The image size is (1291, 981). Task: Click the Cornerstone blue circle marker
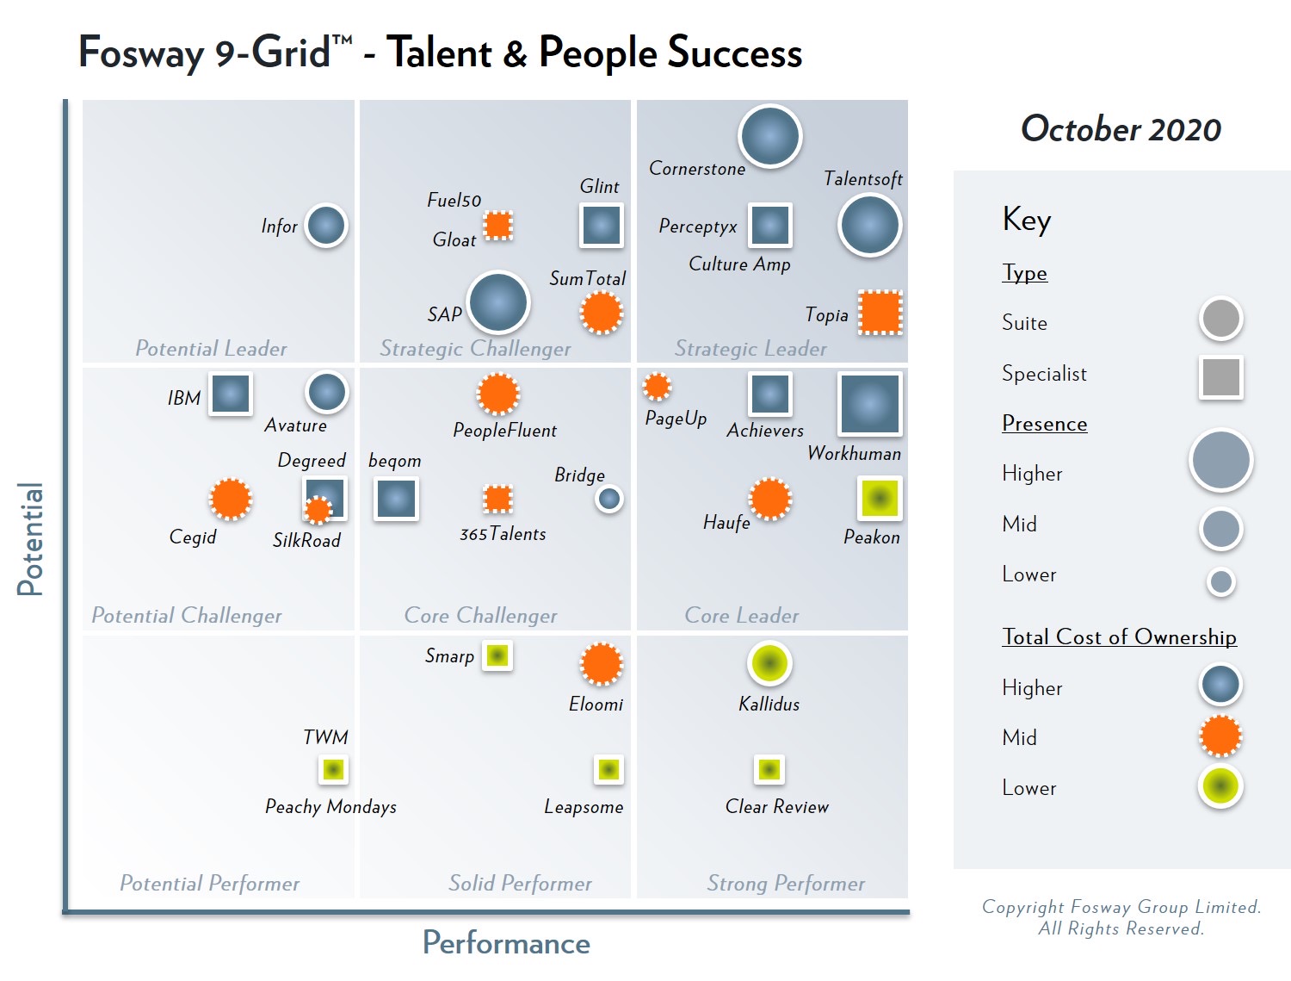[770, 136]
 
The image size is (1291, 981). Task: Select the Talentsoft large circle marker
[869, 226]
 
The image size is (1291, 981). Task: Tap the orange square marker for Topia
[880, 313]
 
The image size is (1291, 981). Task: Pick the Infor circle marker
[326, 226]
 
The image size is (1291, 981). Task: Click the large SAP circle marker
[497, 302]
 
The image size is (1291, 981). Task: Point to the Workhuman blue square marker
[869, 403]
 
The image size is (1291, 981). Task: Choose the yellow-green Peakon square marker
[880, 498]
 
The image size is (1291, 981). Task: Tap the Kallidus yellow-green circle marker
[769, 663]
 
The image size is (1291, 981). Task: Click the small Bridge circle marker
[609, 498]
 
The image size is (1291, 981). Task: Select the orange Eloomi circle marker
[601, 663]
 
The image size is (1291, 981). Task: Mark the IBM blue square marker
[231, 394]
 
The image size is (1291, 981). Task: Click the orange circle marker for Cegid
[231, 499]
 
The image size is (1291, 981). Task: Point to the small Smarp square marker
[497, 656]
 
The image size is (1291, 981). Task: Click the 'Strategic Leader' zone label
[751, 349]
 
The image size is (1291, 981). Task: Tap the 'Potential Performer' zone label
[209, 883]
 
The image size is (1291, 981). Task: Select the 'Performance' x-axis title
[506, 943]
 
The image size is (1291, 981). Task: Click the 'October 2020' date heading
[1121, 129]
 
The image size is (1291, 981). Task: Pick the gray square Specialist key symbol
[1221, 376]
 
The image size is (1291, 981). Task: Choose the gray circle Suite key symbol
[1220, 319]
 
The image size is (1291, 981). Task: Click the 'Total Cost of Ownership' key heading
[1119, 636]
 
